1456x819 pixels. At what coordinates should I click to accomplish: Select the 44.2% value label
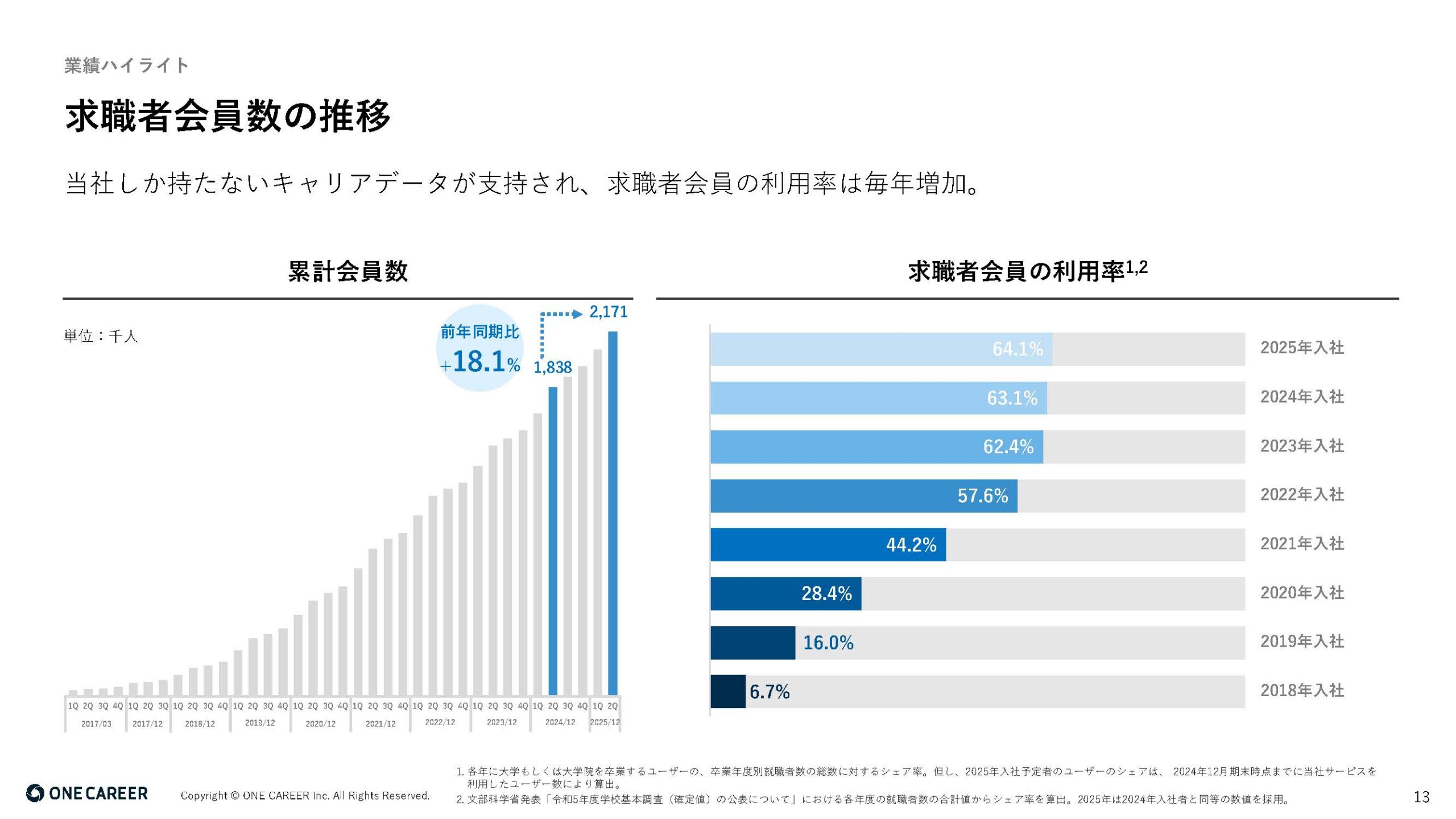911,545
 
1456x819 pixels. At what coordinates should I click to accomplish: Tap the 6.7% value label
769,692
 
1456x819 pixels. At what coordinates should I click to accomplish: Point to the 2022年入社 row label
1302,495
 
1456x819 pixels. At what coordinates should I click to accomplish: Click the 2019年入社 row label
1302,642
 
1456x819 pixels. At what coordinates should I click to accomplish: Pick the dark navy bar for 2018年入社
727,692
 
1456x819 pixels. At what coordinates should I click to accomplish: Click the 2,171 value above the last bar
608,312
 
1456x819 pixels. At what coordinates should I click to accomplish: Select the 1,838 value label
552,367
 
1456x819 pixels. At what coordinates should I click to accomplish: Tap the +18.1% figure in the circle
481,361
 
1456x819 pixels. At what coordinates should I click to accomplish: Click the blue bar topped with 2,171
613,512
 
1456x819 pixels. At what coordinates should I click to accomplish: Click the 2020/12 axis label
320,723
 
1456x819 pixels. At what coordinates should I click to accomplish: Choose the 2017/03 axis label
96,723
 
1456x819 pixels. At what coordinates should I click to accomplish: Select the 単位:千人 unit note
101,336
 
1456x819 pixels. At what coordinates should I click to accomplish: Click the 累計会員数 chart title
348,271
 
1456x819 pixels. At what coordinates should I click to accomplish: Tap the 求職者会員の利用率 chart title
1016,271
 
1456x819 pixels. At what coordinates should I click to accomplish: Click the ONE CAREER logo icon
35,793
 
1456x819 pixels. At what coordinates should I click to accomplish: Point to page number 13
1421,797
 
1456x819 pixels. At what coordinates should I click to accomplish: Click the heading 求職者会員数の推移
227,117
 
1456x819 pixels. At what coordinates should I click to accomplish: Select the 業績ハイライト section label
126,65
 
